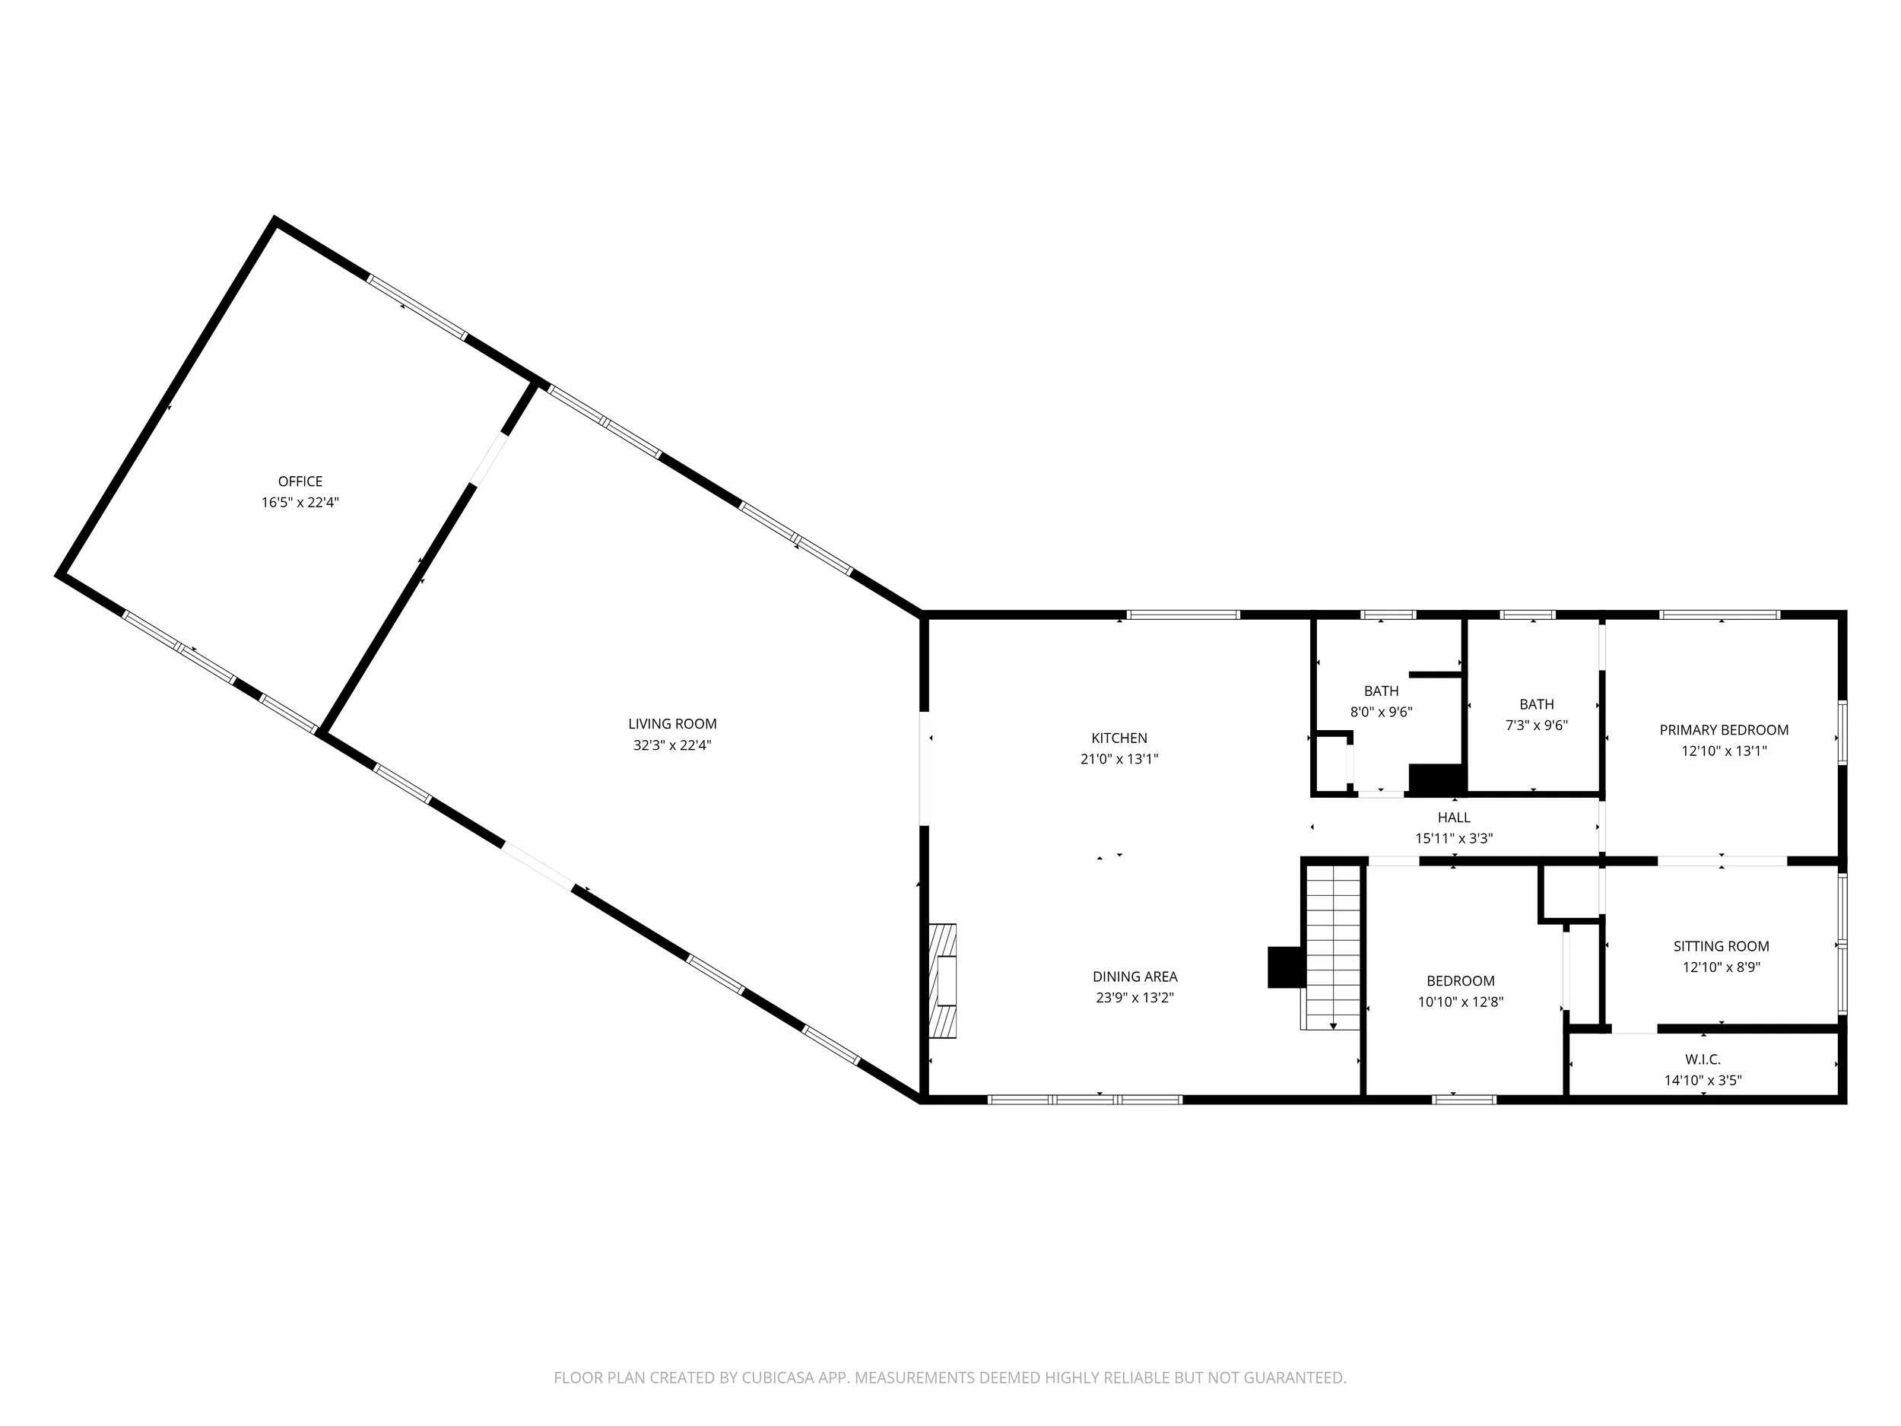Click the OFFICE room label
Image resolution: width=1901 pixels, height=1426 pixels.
300,481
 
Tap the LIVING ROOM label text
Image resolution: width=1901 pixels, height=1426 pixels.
672,724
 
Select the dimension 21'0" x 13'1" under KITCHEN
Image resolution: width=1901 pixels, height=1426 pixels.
1119,759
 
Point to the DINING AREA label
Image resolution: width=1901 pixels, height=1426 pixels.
1135,977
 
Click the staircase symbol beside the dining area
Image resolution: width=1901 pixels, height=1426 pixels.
1333,945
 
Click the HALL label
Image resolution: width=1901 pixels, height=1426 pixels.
1453,818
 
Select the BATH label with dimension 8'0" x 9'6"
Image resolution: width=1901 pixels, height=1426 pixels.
1381,691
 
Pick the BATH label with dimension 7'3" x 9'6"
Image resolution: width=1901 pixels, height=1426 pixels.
1537,704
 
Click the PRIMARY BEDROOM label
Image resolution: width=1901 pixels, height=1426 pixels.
1723,730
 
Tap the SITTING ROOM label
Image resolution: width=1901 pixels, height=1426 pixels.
1721,946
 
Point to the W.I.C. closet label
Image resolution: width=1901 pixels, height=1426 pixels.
1703,1060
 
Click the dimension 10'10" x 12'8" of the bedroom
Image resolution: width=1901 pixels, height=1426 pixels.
1460,1002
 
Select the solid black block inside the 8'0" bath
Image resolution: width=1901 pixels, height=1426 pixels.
1435,779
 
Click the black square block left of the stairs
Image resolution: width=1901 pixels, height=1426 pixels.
1286,967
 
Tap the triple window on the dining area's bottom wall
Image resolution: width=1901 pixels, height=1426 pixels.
1084,1100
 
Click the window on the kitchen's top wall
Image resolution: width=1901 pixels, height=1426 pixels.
1182,615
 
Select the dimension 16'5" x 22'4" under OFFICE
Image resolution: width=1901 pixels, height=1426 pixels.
300,503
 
